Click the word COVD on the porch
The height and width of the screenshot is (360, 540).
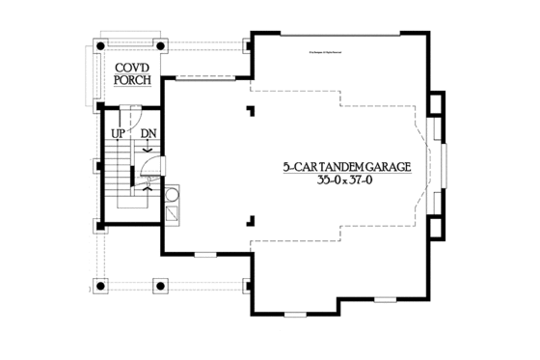tap(133, 67)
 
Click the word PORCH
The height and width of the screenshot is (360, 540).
tap(133, 80)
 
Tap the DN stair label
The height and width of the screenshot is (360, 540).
tap(148, 133)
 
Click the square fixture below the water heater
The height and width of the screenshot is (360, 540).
tap(172, 212)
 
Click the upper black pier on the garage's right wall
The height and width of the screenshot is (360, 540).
tap(437, 102)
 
